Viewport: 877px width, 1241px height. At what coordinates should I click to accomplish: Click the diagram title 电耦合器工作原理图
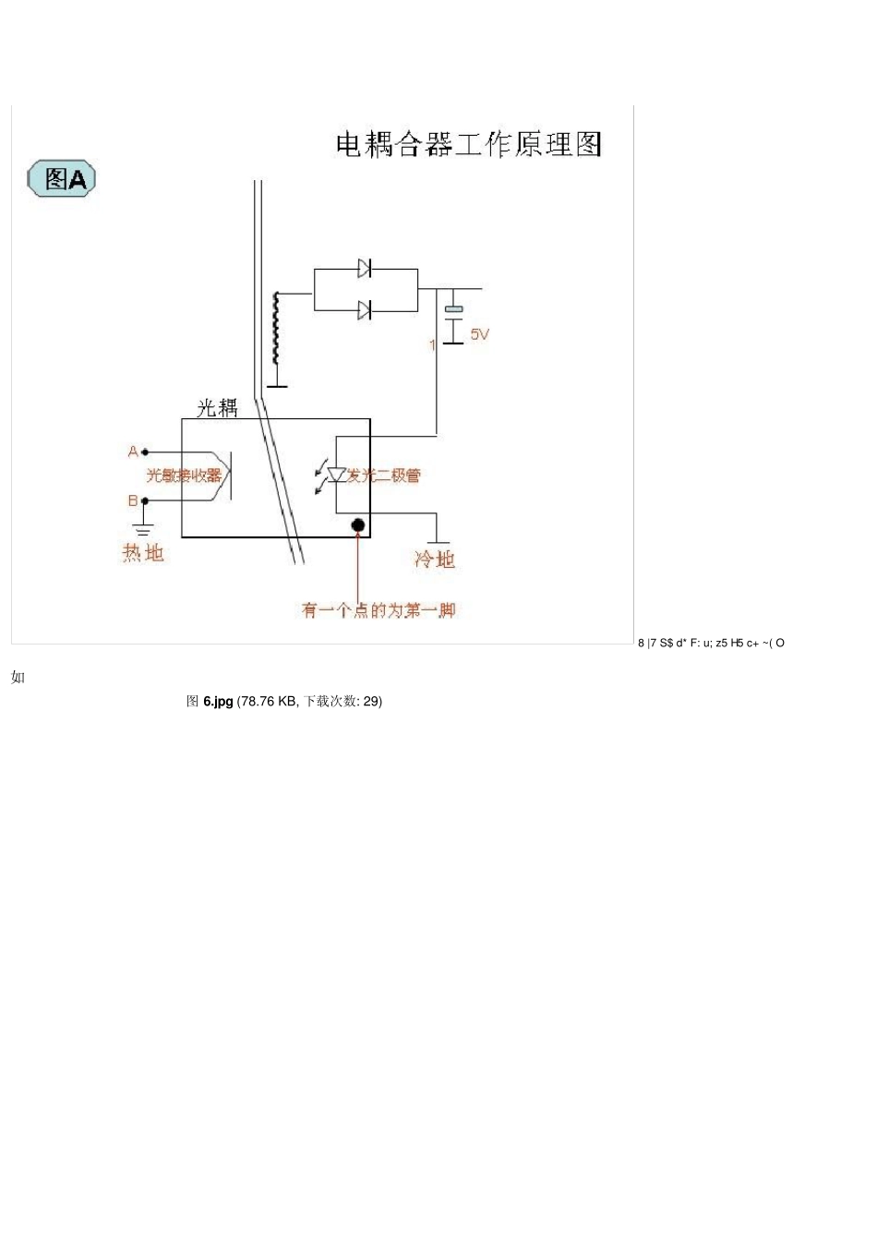click(x=468, y=145)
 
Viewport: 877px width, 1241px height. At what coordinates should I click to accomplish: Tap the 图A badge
click(x=61, y=178)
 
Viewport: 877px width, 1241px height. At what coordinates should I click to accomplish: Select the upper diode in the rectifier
click(x=365, y=269)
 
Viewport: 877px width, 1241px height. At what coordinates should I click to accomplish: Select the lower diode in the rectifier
click(x=365, y=310)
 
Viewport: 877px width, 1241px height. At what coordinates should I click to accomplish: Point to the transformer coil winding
click(x=275, y=329)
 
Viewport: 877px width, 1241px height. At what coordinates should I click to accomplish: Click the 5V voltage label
click(x=480, y=334)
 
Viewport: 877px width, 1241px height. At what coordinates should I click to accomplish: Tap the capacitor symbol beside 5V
click(x=453, y=323)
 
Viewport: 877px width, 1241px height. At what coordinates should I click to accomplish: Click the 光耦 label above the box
click(x=217, y=408)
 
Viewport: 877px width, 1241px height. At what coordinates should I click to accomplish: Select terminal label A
click(x=133, y=452)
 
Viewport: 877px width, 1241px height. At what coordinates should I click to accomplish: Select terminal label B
click(x=133, y=500)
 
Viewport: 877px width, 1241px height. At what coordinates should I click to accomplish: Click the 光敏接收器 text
click(x=184, y=476)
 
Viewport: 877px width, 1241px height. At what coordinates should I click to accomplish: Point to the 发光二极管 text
click(x=384, y=476)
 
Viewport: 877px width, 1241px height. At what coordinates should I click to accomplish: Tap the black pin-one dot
click(x=358, y=525)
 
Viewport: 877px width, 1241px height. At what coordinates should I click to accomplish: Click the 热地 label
click(x=143, y=552)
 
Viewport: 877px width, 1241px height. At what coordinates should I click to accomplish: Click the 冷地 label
click(x=435, y=559)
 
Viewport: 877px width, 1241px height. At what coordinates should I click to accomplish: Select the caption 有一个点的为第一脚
click(x=378, y=610)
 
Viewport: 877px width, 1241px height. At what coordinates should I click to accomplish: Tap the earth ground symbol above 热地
click(x=144, y=529)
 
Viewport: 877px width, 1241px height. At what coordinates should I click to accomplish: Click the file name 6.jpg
click(x=218, y=702)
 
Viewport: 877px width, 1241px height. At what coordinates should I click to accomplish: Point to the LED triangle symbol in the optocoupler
click(x=336, y=476)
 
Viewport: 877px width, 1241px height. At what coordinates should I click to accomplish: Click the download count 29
click(x=370, y=702)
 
